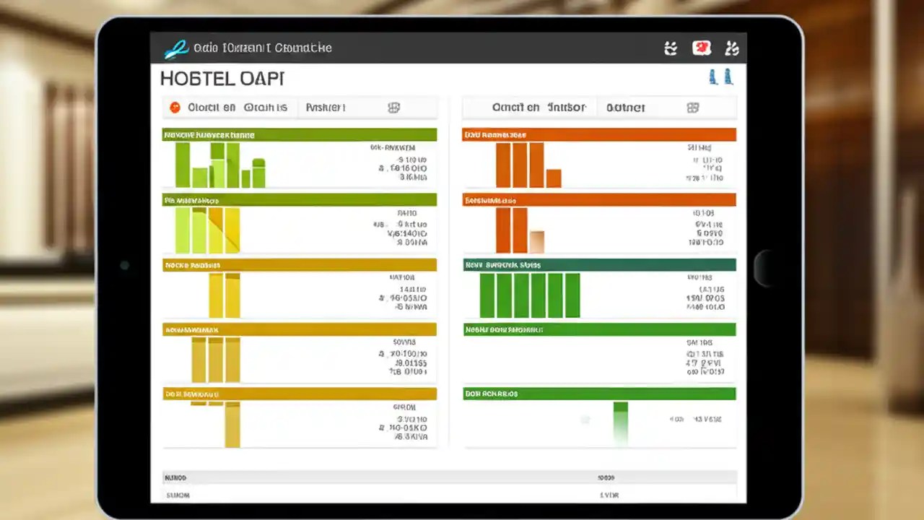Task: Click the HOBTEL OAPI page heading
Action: [x=222, y=78]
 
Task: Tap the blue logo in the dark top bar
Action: [x=176, y=48]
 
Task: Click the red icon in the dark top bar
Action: [x=701, y=48]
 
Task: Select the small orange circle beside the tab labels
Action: [x=175, y=108]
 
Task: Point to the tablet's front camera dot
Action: [x=124, y=265]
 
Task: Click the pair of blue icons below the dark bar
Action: [x=720, y=77]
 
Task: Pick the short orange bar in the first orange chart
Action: [x=554, y=178]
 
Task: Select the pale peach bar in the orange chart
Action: [x=536, y=241]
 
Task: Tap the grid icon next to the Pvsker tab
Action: [x=393, y=108]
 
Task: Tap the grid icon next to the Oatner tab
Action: [x=693, y=108]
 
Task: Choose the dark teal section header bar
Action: [x=599, y=265]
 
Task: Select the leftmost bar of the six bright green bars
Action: [x=487, y=295]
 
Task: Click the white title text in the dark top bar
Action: [x=263, y=48]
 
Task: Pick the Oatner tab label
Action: [x=625, y=108]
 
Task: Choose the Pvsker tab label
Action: [x=326, y=108]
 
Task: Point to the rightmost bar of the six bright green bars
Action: [x=572, y=295]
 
